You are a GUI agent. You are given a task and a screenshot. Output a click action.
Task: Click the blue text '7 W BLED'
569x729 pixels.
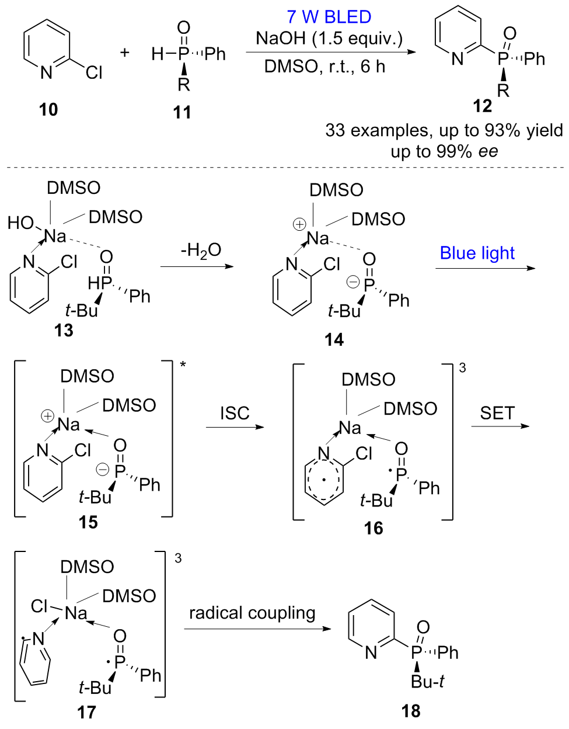tap(329, 16)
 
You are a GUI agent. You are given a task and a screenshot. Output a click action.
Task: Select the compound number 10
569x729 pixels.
tap(48, 109)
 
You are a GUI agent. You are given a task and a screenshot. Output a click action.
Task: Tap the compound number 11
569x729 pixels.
tap(182, 112)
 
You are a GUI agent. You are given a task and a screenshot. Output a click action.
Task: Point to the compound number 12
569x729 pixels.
tap(483, 106)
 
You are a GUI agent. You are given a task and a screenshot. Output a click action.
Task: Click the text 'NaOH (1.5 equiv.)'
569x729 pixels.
tap(329, 39)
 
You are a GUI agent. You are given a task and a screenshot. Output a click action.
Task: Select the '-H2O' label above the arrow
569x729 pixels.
tap(201, 251)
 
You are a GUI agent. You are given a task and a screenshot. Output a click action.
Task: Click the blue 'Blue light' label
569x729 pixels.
tap(477, 253)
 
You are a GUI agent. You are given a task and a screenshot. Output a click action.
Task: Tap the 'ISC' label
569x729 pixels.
tap(235, 413)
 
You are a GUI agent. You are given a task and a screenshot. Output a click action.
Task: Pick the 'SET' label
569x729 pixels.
tap(497, 413)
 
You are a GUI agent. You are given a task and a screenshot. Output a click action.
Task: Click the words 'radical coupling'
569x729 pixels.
tap(252, 613)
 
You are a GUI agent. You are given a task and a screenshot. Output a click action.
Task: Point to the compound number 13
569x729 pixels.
tap(64, 330)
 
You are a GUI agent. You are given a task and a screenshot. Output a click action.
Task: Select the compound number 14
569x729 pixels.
tap(334, 339)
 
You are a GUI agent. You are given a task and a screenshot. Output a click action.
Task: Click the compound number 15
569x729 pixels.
tap(88, 522)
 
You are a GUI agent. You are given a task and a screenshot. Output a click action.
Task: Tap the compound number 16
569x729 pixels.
tap(373, 528)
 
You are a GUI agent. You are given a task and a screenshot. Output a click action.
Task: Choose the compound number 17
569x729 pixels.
tap(86, 712)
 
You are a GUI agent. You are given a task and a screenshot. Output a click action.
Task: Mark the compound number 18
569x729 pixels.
tap(411, 711)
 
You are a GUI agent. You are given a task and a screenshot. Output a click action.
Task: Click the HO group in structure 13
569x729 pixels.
tap(20, 223)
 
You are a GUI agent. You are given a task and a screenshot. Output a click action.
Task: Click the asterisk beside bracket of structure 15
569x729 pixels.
tap(183, 365)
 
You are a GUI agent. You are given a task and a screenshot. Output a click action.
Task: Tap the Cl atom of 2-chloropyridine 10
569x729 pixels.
tap(93, 72)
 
